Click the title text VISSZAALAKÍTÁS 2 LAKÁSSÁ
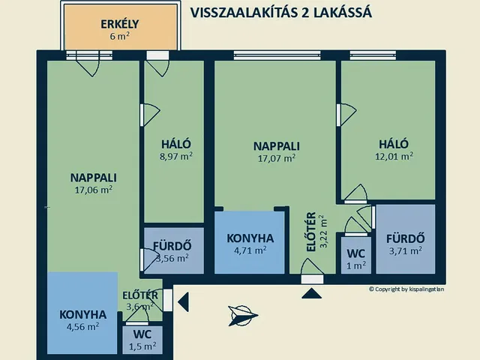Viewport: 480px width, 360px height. (281, 13)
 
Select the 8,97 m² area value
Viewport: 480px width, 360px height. (175, 157)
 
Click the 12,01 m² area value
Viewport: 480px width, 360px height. (395, 157)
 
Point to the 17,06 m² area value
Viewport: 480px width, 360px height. (94, 190)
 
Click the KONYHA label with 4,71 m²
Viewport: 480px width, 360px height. (250, 238)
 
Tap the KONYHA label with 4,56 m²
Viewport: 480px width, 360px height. (83, 314)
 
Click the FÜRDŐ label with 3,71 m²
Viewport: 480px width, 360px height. (405, 238)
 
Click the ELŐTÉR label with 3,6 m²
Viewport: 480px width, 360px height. (140, 295)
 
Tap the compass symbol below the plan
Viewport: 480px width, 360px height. (243, 315)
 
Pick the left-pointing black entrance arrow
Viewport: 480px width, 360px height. (183, 301)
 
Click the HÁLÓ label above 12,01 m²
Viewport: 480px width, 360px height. (393, 144)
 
